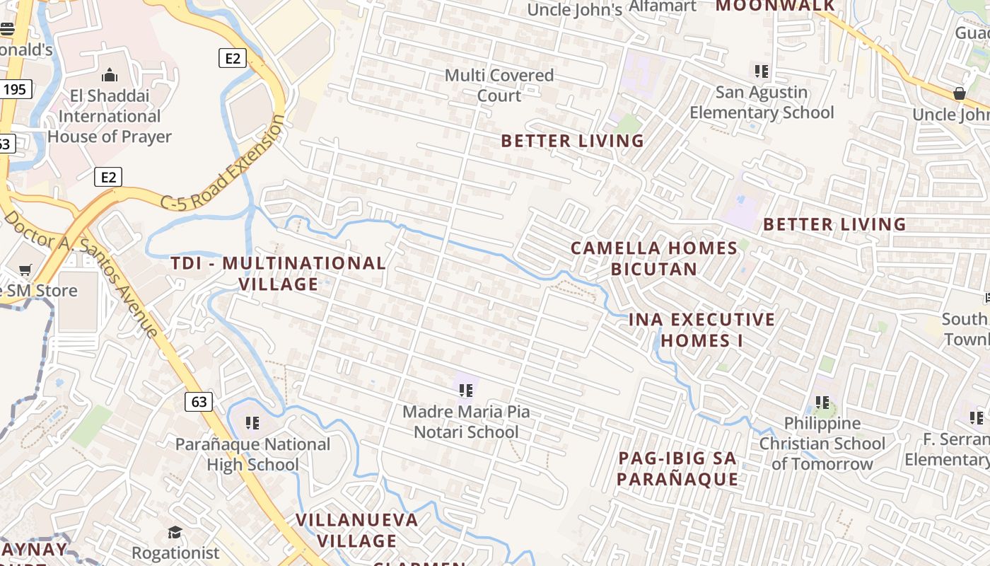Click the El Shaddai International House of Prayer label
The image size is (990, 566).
click(x=110, y=116)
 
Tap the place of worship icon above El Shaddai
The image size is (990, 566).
click(x=110, y=74)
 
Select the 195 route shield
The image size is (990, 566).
click(x=15, y=89)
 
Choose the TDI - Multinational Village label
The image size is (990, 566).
click(x=278, y=274)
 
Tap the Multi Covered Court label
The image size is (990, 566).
click(x=499, y=85)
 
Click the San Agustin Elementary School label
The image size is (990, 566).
click(x=762, y=103)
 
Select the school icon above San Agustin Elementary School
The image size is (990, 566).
click(x=762, y=71)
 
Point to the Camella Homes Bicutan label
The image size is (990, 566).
click(x=654, y=258)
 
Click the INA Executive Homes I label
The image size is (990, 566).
click(x=701, y=330)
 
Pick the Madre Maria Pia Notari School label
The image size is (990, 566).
click(x=466, y=422)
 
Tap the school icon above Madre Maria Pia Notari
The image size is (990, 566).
click(x=466, y=390)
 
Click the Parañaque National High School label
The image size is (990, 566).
click(x=252, y=454)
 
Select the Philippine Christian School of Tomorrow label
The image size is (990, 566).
click(x=822, y=444)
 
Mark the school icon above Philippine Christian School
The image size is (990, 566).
click(x=822, y=403)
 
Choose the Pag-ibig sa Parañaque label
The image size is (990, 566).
click(x=677, y=468)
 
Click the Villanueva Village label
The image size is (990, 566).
click(x=357, y=531)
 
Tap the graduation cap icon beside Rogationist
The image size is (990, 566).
click(x=175, y=532)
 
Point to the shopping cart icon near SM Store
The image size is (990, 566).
click(x=25, y=270)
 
